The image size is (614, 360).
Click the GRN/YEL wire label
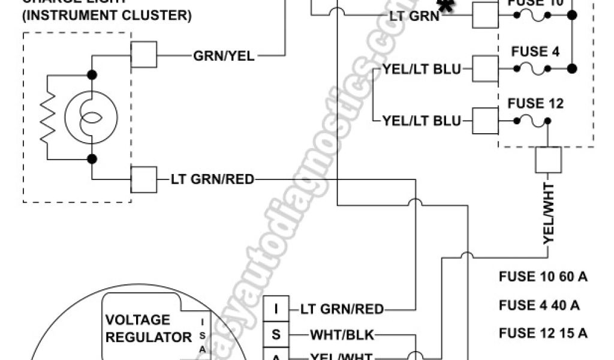click(224, 56)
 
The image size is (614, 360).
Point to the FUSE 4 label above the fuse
click(535, 52)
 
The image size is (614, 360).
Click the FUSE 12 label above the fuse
click(535, 103)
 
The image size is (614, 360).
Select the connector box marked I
click(276, 309)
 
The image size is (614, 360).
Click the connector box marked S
click(276, 334)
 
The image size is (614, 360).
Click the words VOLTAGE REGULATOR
click(148, 328)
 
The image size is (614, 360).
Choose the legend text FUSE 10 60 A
click(543, 277)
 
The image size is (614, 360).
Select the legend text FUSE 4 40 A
click(539, 305)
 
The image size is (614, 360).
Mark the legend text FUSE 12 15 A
click(543, 334)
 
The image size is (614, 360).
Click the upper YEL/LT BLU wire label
click(422, 69)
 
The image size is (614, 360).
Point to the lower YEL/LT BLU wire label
click(422, 121)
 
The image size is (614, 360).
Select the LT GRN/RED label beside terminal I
click(342, 310)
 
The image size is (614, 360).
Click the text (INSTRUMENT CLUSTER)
click(107, 16)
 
